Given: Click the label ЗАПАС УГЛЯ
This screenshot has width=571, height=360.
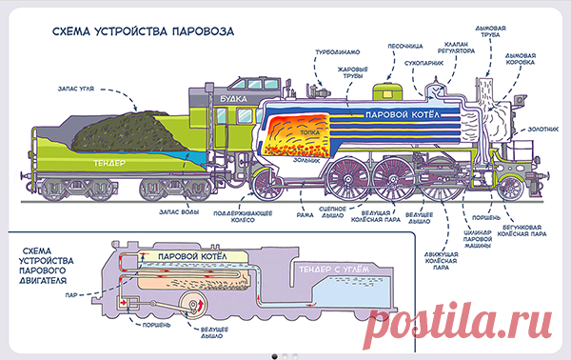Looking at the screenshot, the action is coord(76,89).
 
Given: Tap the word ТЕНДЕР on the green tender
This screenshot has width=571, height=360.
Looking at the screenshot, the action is coord(109,163).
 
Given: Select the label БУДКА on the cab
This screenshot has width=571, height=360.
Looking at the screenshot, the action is coord(233,99).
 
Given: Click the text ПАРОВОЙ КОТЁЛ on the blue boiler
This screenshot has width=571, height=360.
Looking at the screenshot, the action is coord(403,115).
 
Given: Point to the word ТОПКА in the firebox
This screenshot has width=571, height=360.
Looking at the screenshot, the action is coord(310,132).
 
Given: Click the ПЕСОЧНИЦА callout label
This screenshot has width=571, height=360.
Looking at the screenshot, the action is coord(405,47).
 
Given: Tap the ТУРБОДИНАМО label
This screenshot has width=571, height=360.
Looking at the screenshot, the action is coord(337,52).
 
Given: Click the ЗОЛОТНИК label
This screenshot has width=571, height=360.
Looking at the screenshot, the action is coord(543,129).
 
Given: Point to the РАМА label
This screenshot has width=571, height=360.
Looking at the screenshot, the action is coord(305,215).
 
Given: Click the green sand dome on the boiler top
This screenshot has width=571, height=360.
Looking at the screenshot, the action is coord(387,91).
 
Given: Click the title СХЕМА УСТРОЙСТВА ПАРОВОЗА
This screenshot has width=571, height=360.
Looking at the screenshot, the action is coord(143,31).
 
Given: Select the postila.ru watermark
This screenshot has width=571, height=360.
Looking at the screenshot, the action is coord(459,323).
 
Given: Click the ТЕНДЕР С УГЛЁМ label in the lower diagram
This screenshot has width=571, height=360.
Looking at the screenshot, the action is coord(334,270).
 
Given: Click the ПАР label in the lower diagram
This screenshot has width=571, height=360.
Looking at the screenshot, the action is coord(71,295).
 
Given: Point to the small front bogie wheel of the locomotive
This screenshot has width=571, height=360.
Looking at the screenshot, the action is coord(510,188).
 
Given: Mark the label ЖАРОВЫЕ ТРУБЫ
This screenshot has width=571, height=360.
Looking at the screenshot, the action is coord(352,72).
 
